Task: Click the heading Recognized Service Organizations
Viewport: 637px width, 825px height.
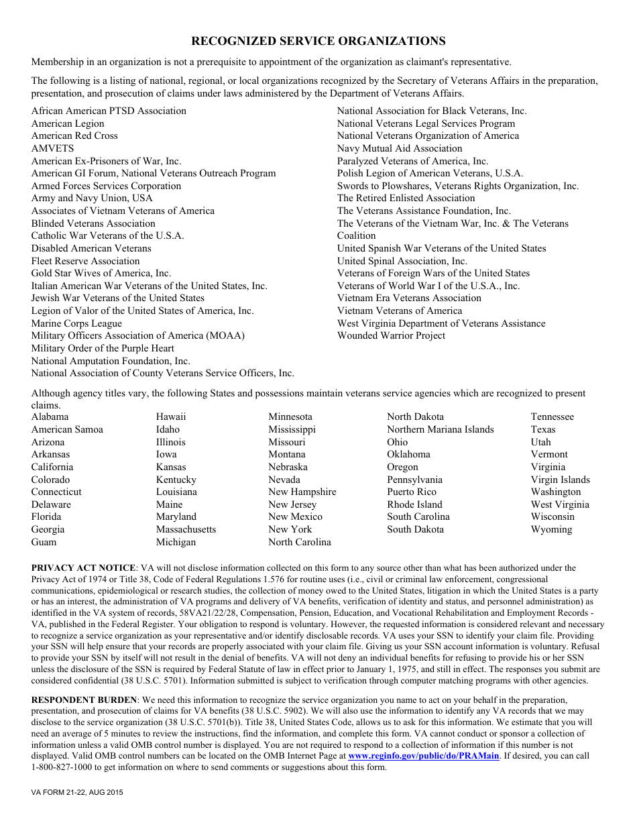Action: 318,42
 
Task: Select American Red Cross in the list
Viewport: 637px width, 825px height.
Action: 74,135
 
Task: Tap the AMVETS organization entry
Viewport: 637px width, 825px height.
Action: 52,148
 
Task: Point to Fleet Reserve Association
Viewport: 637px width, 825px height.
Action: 85,261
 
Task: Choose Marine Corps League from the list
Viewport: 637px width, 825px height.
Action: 76,323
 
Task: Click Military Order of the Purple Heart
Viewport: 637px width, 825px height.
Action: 103,348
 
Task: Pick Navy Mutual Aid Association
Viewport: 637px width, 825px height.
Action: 400,148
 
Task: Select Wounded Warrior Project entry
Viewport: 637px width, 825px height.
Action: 391,335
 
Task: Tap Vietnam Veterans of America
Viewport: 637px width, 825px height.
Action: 400,311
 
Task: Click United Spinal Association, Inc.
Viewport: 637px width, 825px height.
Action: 402,261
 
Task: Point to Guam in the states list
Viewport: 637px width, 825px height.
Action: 44,542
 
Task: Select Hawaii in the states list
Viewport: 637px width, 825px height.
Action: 171,417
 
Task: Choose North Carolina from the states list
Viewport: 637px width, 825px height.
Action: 300,542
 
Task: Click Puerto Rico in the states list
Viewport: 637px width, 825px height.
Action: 412,492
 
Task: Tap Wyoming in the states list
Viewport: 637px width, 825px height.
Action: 551,529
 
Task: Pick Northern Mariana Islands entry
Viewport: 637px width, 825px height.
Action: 440,429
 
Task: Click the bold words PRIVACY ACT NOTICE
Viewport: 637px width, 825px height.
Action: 84,568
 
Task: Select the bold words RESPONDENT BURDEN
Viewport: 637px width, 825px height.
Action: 84,700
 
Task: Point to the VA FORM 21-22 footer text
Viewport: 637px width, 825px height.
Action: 77,793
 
